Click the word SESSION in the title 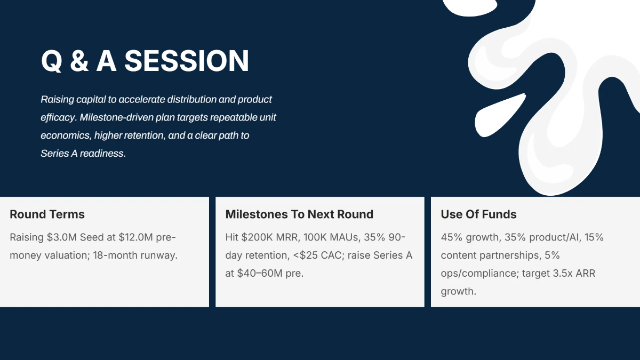[x=187, y=61]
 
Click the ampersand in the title [x=79, y=61]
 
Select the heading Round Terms [x=47, y=214]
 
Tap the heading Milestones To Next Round [x=299, y=214]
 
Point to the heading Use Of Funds [x=478, y=214]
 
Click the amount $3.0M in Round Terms [x=62, y=237]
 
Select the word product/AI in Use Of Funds [x=555, y=237]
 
